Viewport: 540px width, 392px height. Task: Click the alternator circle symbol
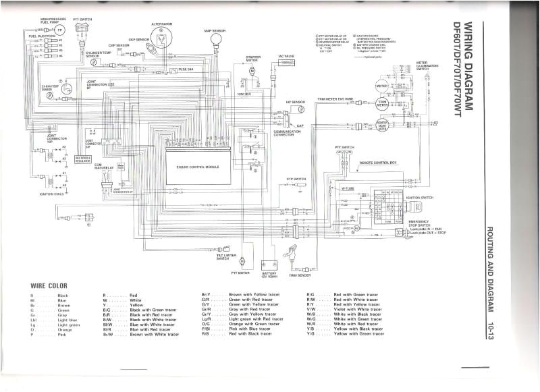[x=161, y=35]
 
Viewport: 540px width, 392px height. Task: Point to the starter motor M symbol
[x=252, y=72]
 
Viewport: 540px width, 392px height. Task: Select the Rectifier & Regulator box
[x=83, y=159]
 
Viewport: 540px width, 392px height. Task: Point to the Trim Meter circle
[x=382, y=105]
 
